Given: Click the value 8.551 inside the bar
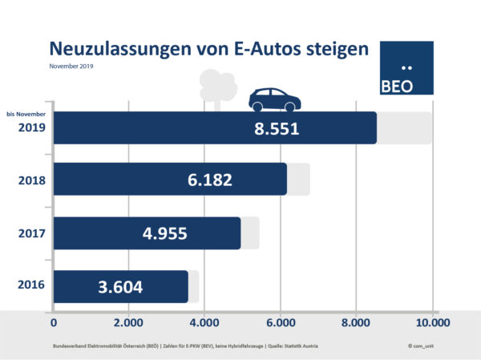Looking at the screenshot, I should click(272, 127).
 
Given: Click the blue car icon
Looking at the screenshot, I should click(274, 100).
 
